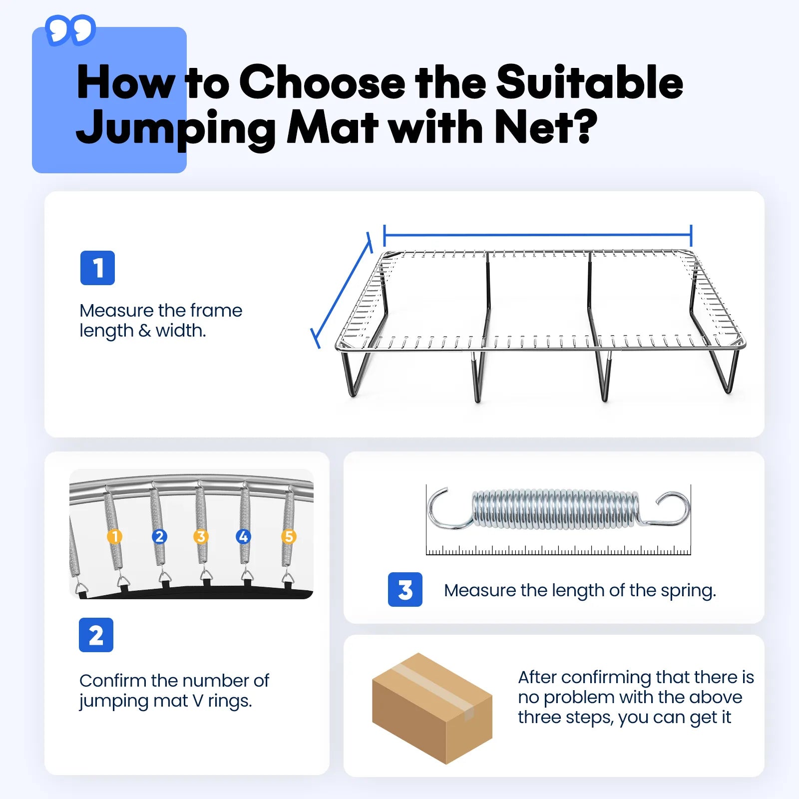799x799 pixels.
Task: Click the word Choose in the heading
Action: [x=322, y=82]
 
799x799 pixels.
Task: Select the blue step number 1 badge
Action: [x=97, y=268]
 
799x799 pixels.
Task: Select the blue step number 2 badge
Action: [x=96, y=635]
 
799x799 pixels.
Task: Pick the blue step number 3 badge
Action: [x=405, y=590]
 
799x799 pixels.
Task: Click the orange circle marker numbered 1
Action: [x=115, y=537]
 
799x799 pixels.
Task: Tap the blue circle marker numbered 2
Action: [x=159, y=537]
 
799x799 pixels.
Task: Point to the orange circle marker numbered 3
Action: [x=201, y=537]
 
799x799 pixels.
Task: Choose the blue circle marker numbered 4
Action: [x=243, y=537]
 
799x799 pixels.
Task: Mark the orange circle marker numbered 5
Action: [x=289, y=537]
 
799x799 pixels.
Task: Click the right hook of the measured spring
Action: [x=672, y=509]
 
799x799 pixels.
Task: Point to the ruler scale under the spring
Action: [x=558, y=551]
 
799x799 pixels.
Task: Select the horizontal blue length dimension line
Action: [x=537, y=234]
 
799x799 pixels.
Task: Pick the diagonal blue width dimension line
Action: [x=343, y=290]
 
